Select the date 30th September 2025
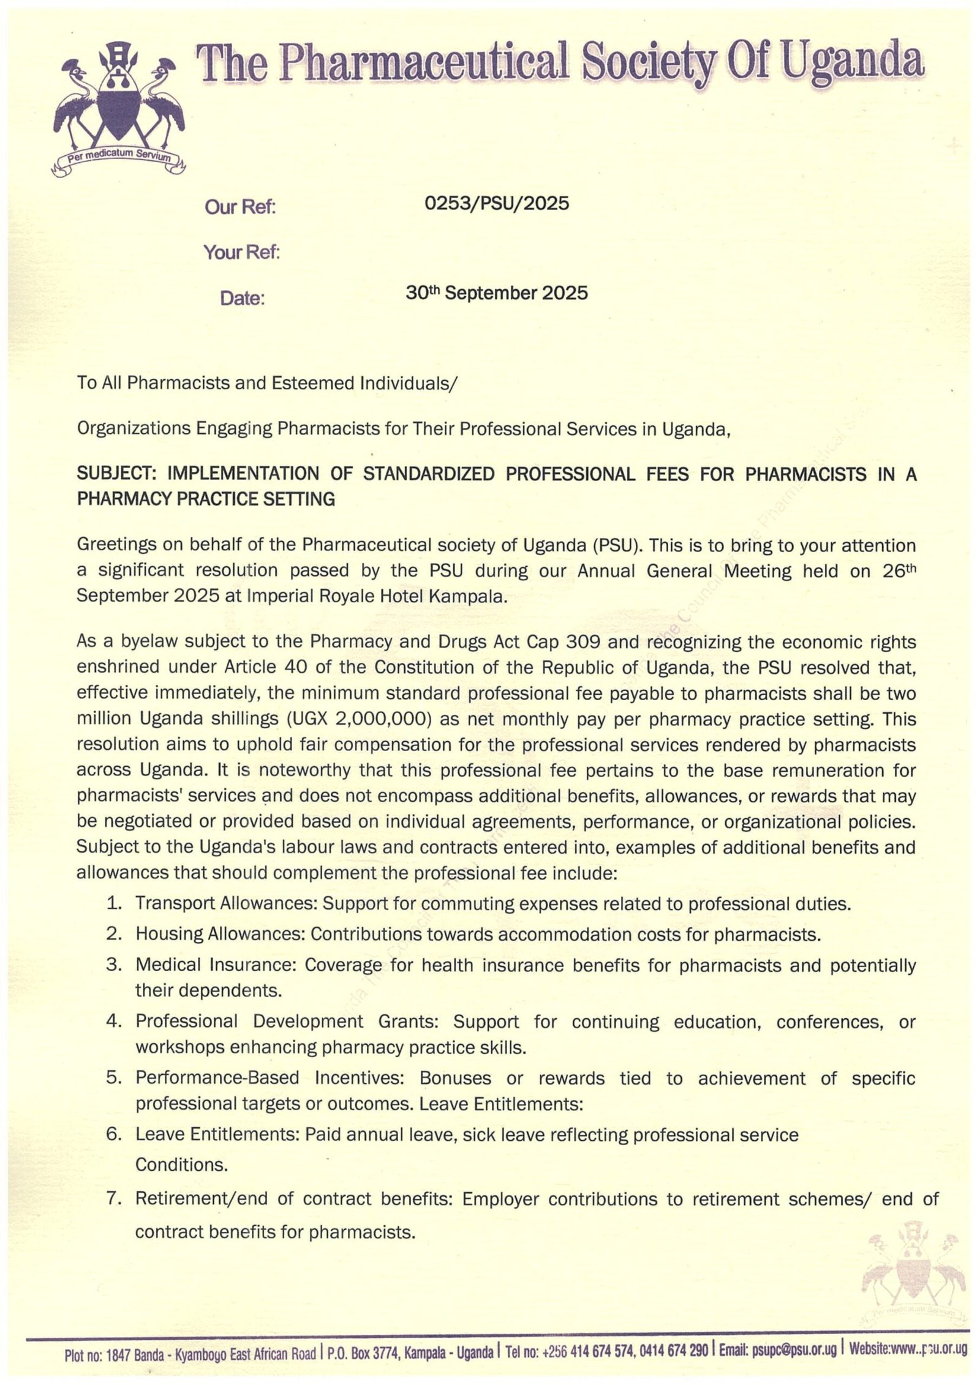tap(497, 293)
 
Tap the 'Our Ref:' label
tap(241, 208)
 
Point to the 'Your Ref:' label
tap(241, 252)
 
